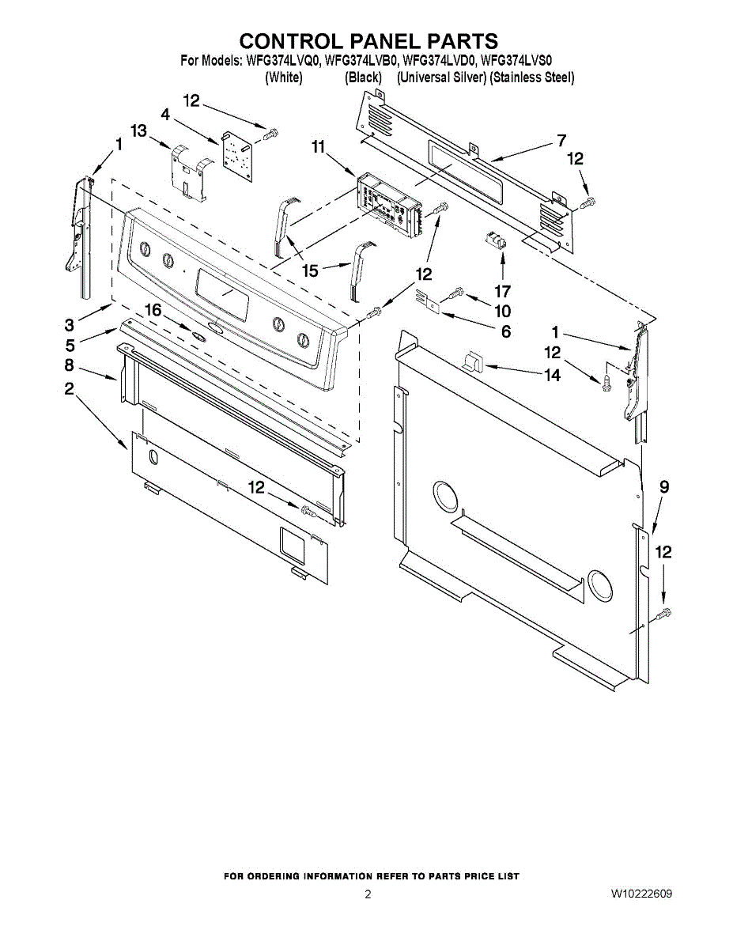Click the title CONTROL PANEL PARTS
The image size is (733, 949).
click(x=368, y=41)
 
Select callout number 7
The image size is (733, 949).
click(x=561, y=141)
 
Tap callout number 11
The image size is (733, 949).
click(x=318, y=146)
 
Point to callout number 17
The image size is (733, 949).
click(x=502, y=290)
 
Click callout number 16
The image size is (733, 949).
click(x=153, y=311)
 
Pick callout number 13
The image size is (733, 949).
click(x=139, y=130)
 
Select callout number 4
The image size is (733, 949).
click(x=165, y=115)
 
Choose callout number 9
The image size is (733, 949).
click(x=664, y=487)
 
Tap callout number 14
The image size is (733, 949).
click(x=552, y=375)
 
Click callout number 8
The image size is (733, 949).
click(x=70, y=365)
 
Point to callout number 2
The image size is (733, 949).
click(x=70, y=388)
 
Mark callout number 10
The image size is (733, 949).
click(x=502, y=311)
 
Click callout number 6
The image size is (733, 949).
click(x=505, y=331)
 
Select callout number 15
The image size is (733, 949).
click(x=310, y=271)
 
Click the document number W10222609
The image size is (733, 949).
click(x=641, y=894)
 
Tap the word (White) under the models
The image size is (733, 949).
click(x=283, y=78)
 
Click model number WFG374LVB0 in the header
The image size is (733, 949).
click(x=361, y=59)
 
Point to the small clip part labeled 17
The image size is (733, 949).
click(x=495, y=240)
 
